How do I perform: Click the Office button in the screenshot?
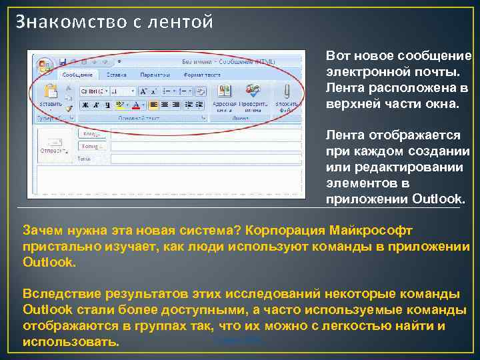45,65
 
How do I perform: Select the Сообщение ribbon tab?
77,75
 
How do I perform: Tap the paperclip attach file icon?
287,91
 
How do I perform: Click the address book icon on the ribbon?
224,91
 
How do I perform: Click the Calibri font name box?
93,91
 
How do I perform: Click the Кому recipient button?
93,134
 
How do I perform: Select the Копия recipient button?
93,146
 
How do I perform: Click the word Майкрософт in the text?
371,230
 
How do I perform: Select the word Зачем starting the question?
43,230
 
